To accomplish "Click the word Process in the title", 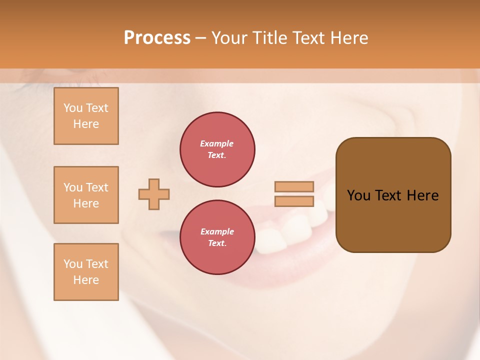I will [157, 38].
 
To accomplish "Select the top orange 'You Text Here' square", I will [86, 116].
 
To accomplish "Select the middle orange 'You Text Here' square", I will [86, 195].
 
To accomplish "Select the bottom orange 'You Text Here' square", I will [86, 272].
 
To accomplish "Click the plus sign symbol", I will [154, 194].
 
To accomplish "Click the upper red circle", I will [217, 149].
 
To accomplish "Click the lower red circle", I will [217, 237].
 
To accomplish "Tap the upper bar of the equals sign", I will [294, 187].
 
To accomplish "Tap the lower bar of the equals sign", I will [294, 201].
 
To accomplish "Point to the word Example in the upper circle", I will [217, 143].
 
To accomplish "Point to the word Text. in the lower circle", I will [217, 243].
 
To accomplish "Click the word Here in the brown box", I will [422, 195].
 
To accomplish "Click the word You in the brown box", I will [358, 195].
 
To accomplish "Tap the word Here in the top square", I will [86, 124].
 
